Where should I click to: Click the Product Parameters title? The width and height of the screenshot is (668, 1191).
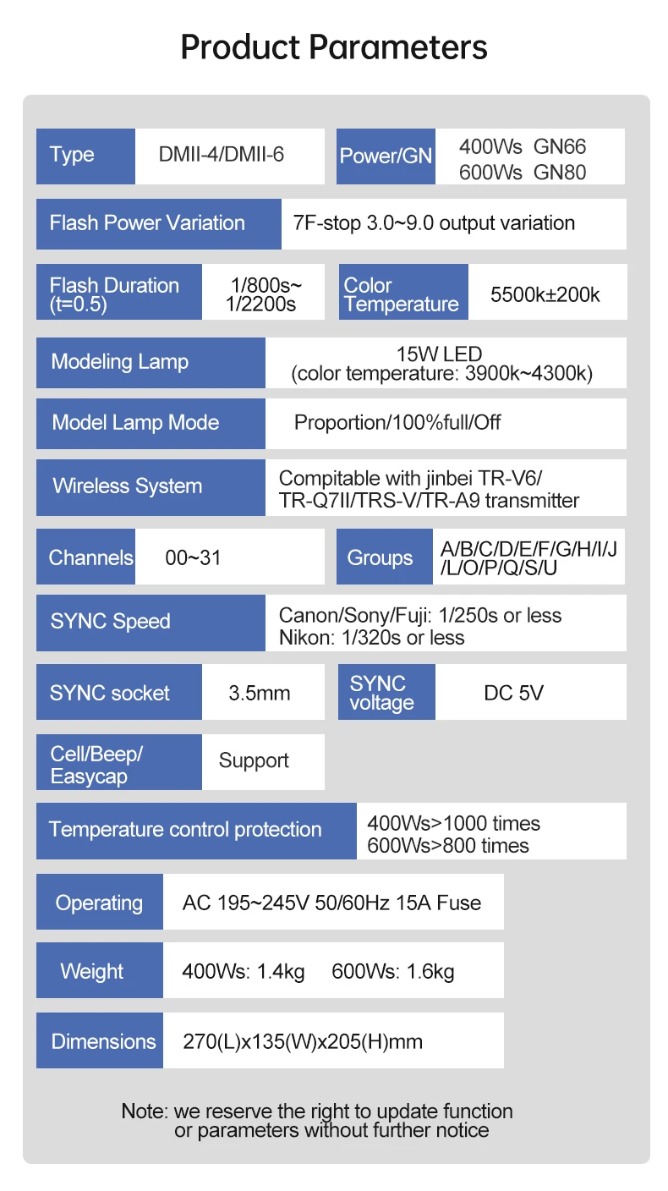(x=334, y=47)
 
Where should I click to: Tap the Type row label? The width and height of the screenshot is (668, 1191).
(x=73, y=156)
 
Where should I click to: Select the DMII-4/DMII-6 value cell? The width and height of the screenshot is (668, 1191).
(x=222, y=156)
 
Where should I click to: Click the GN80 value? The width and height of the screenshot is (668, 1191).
(x=560, y=173)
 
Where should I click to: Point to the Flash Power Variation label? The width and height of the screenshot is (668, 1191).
(x=147, y=223)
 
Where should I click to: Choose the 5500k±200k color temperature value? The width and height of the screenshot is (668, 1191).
(x=545, y=294)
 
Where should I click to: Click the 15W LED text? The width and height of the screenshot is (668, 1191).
(x=439, y=354)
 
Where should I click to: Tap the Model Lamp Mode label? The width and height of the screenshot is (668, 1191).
(x=135, y=423)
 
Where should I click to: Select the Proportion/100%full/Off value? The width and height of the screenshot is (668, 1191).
(x=397, y=422)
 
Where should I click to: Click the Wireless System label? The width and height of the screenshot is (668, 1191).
(x=128, y=486)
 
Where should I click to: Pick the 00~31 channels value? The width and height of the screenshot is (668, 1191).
(x=194, y=558)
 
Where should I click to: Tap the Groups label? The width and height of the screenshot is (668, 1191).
(x=381, y=558)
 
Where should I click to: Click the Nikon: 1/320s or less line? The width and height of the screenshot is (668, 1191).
(x=371, y=637)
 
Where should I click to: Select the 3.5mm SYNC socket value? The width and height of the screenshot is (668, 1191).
(x=260, y=694)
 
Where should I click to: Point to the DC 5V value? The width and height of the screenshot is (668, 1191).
(x=514, y=694)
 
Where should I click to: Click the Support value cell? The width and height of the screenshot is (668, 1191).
(x=254, y=761)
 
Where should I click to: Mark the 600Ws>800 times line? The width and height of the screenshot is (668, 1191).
(x=448, y=845)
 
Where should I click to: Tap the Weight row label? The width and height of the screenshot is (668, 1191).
(x=92, y=971)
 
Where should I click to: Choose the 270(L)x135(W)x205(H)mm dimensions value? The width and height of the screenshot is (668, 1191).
(x=303, y=1041)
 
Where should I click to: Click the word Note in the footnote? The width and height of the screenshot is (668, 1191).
(x=144, y=1111)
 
